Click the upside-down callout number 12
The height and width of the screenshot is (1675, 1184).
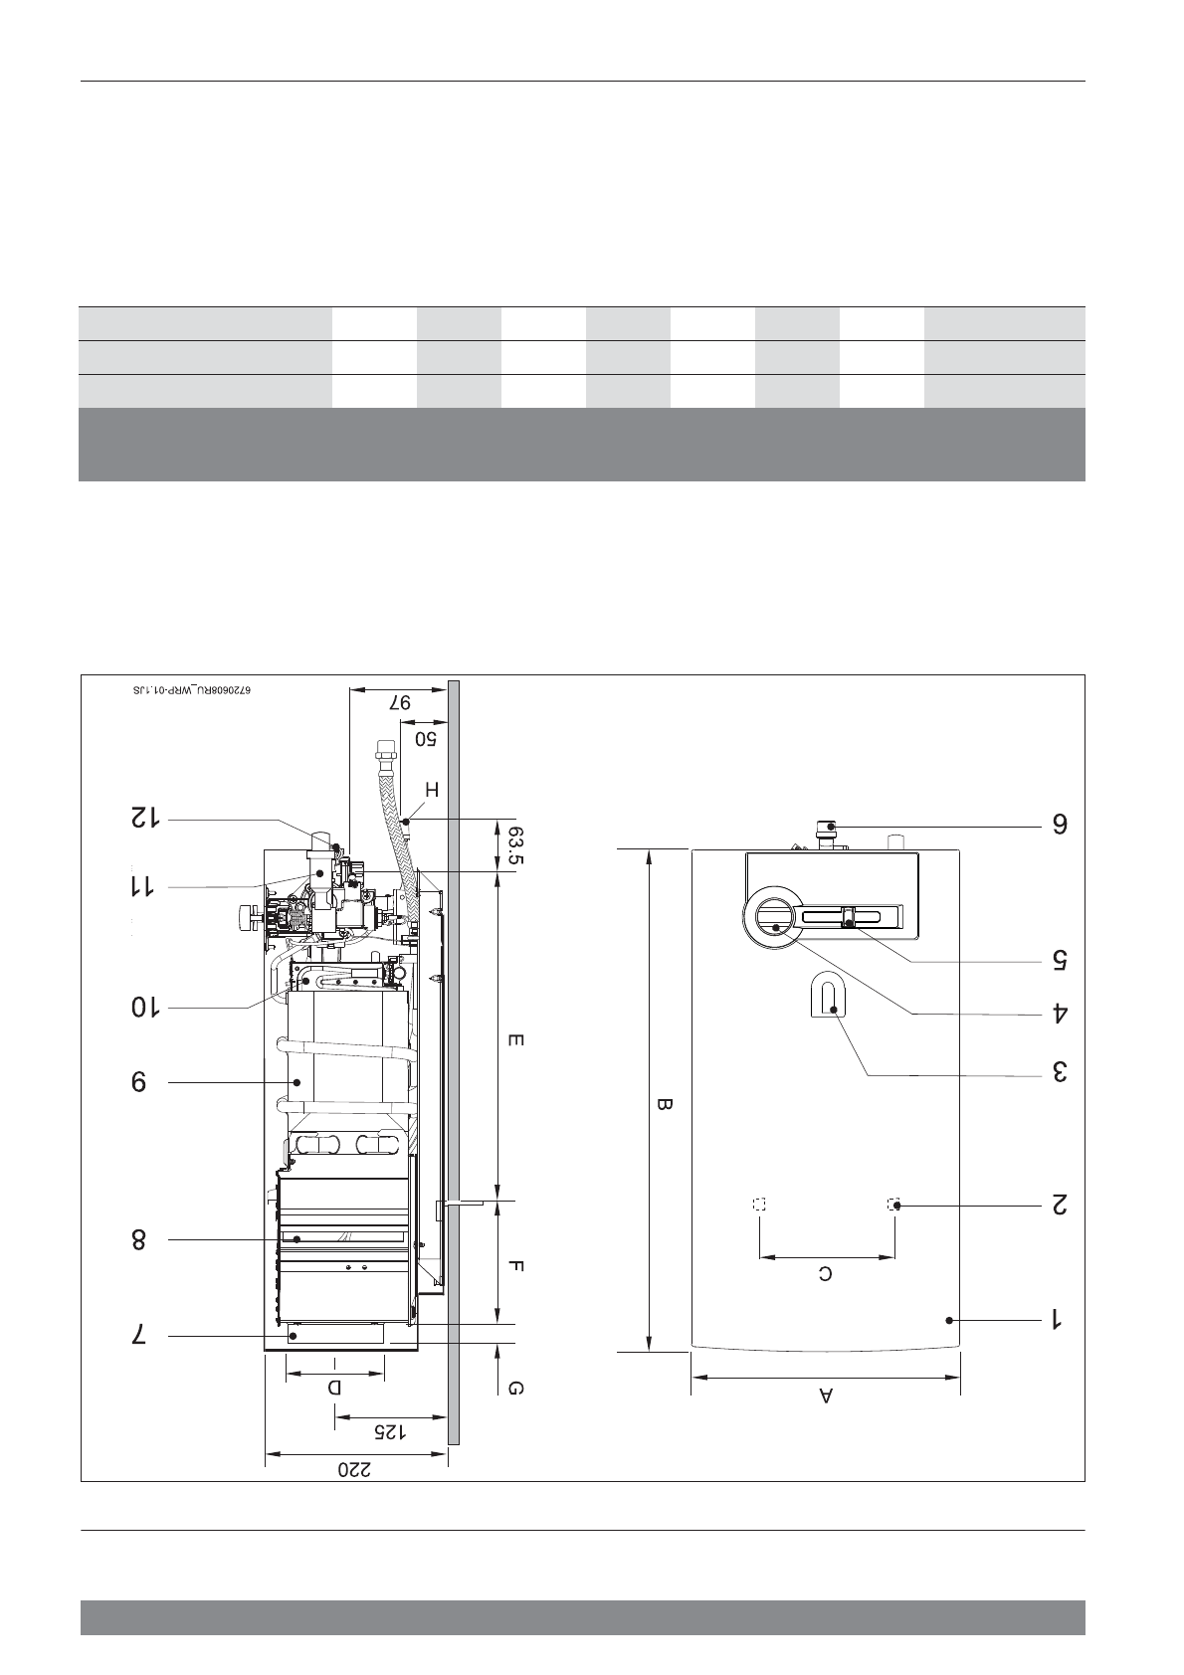point(146,818)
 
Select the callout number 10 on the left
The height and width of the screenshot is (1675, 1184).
point(146,1008)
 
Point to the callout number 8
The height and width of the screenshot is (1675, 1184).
point(139,1240)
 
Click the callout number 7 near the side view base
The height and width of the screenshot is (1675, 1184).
point(139,1336)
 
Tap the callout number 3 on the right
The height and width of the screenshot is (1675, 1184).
point(1059,1072)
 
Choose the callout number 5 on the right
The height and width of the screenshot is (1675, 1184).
point(1059,959)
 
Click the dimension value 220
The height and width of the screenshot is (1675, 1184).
point(354,1469)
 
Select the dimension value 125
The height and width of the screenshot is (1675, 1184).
point(390,1431)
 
